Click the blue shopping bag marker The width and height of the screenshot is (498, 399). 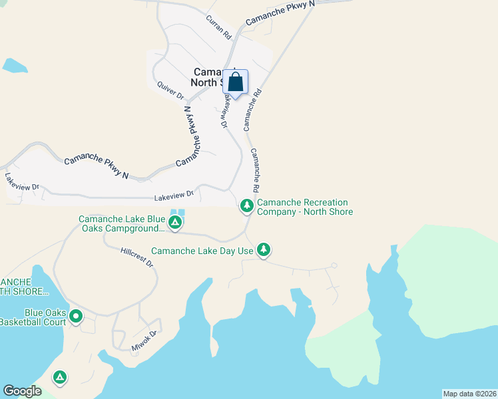(235, 82)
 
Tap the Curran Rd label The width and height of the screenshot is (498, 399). (218, 27)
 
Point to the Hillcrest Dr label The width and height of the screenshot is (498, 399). (137, 258)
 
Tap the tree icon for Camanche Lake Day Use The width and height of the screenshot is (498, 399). (264, 249)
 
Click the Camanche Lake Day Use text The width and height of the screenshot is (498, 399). (202, 251)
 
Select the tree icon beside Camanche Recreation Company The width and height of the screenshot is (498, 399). (246, 206)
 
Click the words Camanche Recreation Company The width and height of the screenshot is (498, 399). (304, 207)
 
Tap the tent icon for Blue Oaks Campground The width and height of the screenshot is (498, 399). (174, 222)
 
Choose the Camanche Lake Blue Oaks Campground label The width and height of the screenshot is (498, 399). (121, 223)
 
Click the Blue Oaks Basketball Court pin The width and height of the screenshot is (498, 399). (76, 317)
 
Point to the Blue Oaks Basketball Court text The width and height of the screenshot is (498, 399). (33, 317)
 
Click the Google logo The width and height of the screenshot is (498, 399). (22, 391)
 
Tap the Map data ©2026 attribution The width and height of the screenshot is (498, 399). (469, 394)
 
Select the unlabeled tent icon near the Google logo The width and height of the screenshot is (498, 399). (60, 378)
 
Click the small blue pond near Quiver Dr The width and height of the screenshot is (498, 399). (14, 65)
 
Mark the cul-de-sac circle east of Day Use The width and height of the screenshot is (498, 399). (334, 265)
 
